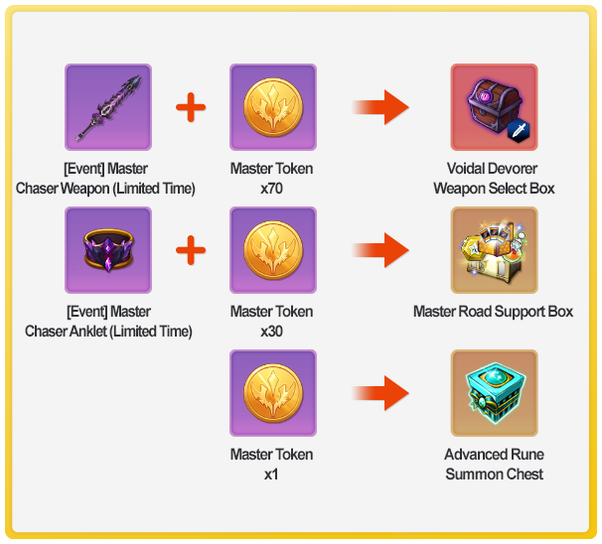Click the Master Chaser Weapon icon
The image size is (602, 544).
[108, 107]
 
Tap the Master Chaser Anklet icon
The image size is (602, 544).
[108, 250]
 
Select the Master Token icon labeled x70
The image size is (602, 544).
[273, 107]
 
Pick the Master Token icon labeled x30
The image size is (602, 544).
[273, 250]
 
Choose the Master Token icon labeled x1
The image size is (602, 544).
[273, 393]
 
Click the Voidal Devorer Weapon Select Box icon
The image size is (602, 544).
[494, 107]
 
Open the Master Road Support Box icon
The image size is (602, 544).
[494, 250]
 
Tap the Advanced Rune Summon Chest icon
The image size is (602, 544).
[494, 393]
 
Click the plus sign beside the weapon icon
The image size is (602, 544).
[190, 107]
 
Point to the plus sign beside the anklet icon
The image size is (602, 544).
[190, 250]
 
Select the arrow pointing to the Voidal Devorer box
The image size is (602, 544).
[381, 107]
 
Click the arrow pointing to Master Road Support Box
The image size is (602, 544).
[381, 250]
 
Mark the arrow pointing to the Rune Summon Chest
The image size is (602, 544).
[381, 393]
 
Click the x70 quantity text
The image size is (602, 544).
[271, 188]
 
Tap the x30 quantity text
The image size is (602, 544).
[271, 331]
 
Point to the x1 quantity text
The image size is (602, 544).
[271, 474]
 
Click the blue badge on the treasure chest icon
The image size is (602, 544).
[519, 129]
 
